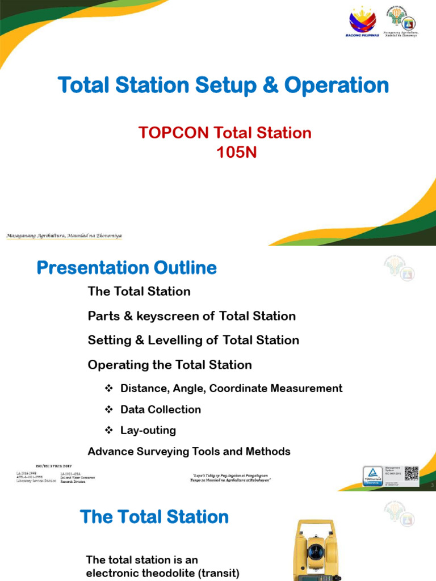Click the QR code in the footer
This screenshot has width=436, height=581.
click(x=411, y=473)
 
